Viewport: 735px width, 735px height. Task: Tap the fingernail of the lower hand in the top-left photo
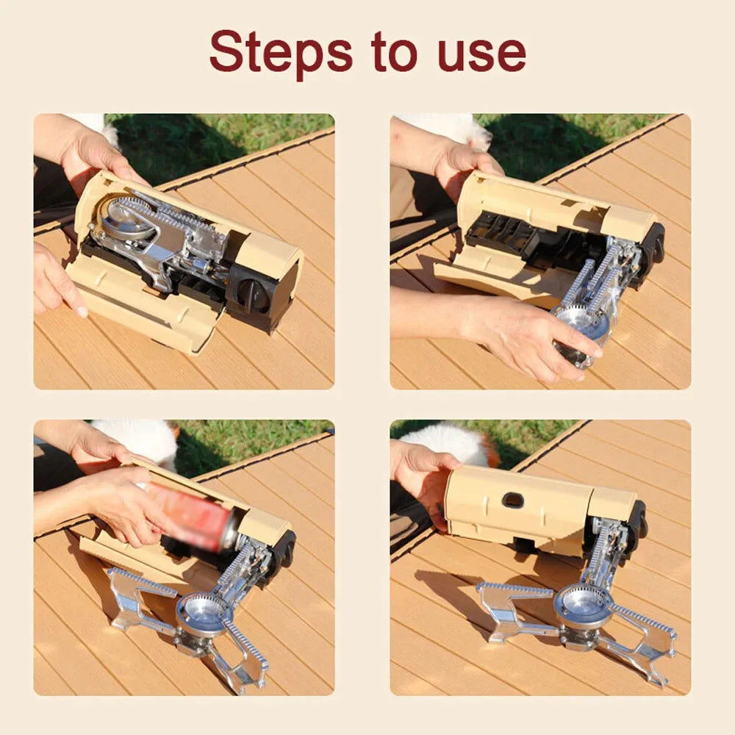(x=81, y=310)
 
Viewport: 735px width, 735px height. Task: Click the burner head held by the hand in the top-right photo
(x=581, y=323)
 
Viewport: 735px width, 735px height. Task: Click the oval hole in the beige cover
(x=513, y=500)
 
